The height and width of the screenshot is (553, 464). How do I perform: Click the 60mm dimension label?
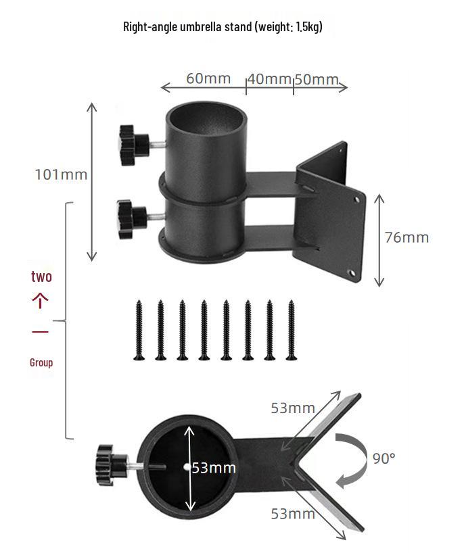point(208,78)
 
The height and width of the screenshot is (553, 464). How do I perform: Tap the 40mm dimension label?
point(269,79)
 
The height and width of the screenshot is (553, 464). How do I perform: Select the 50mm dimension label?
point(317,80)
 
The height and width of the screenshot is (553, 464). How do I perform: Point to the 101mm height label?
point(62,174)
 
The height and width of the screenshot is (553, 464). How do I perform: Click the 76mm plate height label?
point(407,237)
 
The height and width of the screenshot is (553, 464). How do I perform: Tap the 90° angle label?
point(384,458)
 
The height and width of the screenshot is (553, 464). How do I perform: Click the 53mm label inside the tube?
point(214,468)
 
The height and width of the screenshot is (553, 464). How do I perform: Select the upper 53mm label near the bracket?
point(293,408)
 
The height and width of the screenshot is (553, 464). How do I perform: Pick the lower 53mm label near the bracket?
point(293,514)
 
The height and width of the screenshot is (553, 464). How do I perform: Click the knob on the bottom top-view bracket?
point(109,465)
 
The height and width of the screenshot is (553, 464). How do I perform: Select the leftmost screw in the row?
point(139,330)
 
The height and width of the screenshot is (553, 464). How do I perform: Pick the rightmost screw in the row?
point(292,330)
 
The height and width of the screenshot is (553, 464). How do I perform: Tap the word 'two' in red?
point(41,276)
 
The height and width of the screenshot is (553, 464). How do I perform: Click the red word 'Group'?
point(41,362)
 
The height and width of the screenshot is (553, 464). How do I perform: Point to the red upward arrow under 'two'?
point(41,301)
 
